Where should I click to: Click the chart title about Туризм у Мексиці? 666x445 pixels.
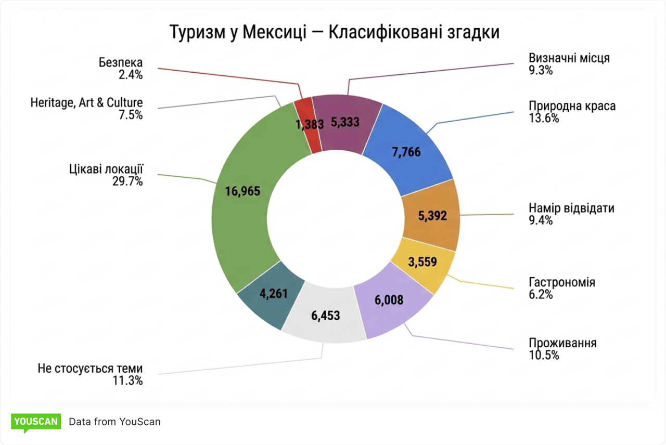tap(335, 32)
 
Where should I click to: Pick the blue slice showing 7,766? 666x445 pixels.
tap(407, 152)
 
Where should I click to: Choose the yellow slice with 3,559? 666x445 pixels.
tap(422, 263)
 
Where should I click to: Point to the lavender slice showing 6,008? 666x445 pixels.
tap(389, 300)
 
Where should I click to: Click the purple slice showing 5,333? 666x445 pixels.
tap(345, 122)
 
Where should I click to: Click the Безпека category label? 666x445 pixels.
tap(121, 63)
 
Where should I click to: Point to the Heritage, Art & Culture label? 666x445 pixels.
tap(86, 103)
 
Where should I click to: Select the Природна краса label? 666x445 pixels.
tap(572, 106)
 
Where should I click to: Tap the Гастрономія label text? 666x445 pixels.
tap(562, 282)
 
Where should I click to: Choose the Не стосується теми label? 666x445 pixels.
tap(90, 369)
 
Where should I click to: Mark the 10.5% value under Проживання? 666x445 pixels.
tap(544, 356)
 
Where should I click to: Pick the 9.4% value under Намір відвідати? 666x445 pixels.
tap(541, 220)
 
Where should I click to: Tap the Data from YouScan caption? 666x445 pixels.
tap(114, 422)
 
